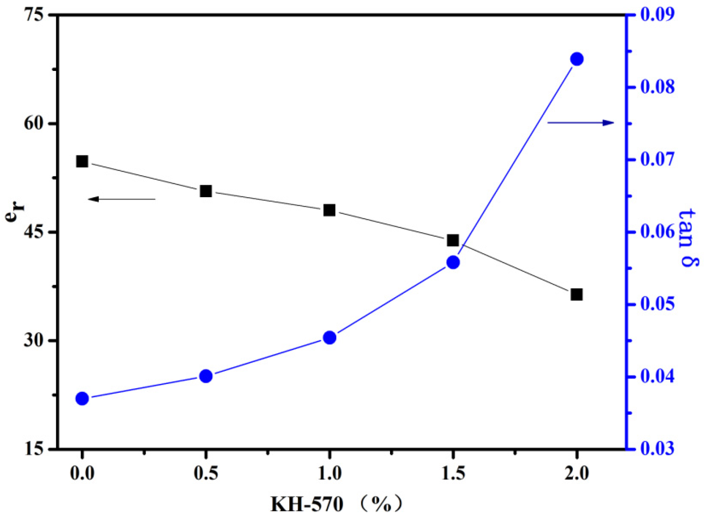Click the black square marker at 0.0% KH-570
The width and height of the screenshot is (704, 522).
pos(82,161)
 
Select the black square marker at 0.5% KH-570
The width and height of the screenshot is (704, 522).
pos(206,191)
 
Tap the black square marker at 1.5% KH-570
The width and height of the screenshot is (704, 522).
pos(453,240)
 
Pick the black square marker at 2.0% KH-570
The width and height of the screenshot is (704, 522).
pos(577,295)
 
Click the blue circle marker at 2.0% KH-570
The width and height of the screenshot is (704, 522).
pos(577,59)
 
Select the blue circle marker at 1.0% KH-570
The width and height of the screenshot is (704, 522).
pos(329,337)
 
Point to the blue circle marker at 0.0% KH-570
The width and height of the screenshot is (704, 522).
pos(82,399)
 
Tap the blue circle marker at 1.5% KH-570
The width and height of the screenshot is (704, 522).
pos(453,262)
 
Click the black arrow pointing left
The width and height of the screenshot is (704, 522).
pos(122,199)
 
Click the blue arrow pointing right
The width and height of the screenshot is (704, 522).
pos(580,123)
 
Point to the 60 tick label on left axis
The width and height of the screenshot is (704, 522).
pos(34,123)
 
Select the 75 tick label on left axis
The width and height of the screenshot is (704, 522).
pos(34,15)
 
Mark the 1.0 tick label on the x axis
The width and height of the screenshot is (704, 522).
pos(329,473)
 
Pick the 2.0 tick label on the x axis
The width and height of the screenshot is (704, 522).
pos(577,473)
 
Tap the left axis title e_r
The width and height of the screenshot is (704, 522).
pos(15,211)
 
